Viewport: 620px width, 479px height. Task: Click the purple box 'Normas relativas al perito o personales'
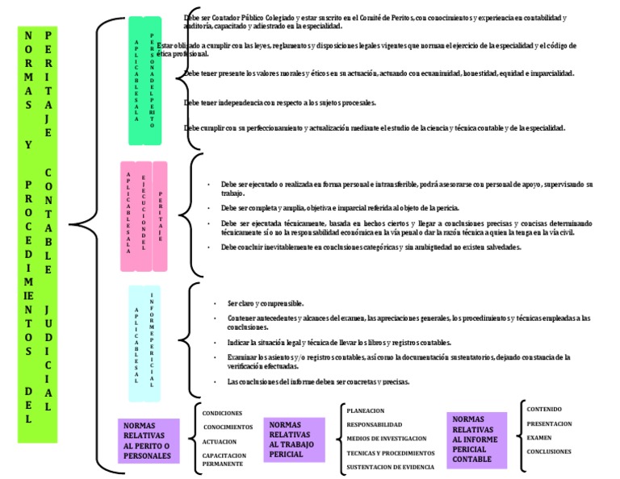pyautogui.click(x=148, y=439)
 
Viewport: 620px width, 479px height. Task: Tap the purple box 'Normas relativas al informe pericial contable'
pyautogui.click(x=477, y=439)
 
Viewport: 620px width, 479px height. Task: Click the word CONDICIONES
pyautogui.click(x=222, y=413)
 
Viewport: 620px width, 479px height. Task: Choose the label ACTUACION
pyautogui.click(x=220, y=441)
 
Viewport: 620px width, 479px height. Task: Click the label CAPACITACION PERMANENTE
pyautogui.click(x=224, y=460)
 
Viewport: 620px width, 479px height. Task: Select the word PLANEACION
pyautogui.click(x=365, y=410)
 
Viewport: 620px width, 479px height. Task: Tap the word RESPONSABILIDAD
pyautogui.click(x=374, y=424)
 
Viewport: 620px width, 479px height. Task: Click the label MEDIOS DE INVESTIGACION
pyautogui.click(x=386, y=438)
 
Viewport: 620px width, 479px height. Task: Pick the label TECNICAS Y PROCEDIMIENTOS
pyautogui.click(x=390, y=452)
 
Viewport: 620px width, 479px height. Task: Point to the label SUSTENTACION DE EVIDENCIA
pyautogui.click(x=390, y=467)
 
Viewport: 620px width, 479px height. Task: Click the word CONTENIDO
pyautogui.click(x=545, y=409)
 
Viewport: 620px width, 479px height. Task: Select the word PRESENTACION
pyautogui.click(x=549, y=423)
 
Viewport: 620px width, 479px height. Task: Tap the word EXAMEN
pyautogui.click(x=539, y=437)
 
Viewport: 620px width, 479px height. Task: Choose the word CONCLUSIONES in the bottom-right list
pyautogui.click(x=549, y=452)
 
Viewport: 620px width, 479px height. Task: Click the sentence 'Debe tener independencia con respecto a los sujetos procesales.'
pyautogui.click(x=280, y=102)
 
